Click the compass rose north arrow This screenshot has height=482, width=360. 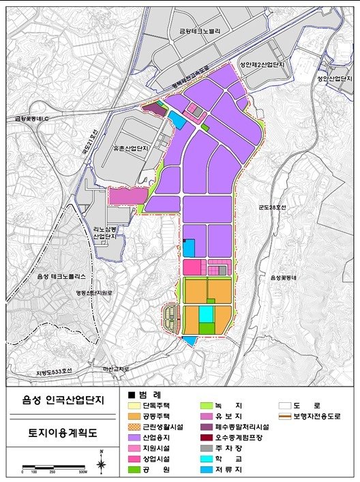102,464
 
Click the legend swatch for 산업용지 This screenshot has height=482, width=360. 134,437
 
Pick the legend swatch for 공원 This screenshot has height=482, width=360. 134,469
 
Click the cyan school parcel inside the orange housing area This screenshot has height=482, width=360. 206,314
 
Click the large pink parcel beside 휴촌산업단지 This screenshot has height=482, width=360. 127,196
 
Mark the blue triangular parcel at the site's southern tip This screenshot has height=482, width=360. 189,340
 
